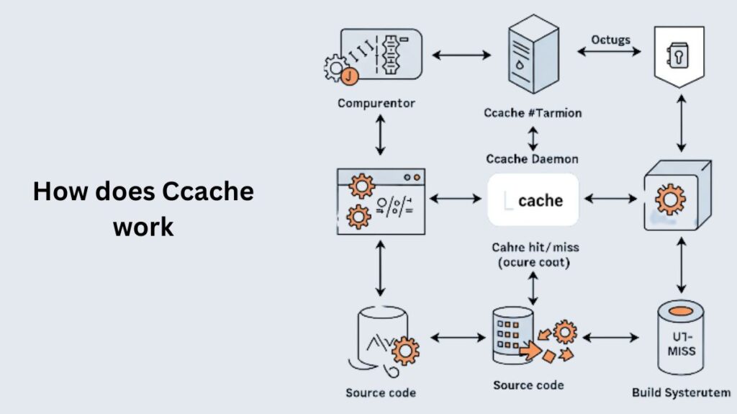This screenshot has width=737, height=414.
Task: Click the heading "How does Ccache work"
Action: click(x=143, y=209)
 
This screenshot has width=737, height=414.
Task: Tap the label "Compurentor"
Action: click(x=376, y=103)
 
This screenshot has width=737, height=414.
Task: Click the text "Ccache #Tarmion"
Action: click(x=533, y=113)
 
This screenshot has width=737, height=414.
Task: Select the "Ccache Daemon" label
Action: click(x=532, y=158)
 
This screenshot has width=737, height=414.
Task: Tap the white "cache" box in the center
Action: click(x=533, y=200)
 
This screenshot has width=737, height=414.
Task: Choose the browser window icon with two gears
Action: click(x=381, y=202)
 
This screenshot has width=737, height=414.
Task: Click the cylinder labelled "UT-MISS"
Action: click(x=681, y=338)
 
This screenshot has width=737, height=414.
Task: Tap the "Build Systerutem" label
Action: click(x=681, y=392)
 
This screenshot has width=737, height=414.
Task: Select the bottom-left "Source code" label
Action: click(x=381, y=392)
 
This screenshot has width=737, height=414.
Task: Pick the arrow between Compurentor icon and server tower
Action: click(x=461, y=54)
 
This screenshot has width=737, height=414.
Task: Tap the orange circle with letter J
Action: click(x=348, y=75)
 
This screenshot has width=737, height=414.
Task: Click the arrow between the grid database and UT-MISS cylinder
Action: click(x=610, y=337)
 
